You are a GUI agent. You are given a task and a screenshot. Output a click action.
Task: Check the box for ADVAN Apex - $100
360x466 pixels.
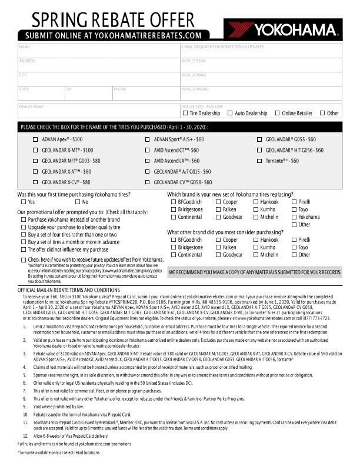point(35,139)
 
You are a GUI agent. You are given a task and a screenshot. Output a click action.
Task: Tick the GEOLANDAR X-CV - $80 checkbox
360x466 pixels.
point(35,182)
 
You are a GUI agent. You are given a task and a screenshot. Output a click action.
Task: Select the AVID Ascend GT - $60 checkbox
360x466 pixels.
point(148,150)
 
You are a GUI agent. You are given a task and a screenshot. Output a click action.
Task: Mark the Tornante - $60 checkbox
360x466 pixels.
point(261,161)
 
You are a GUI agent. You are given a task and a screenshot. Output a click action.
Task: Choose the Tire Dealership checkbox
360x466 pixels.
point(185,113)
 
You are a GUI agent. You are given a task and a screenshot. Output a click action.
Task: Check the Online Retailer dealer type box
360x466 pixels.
point(277,113)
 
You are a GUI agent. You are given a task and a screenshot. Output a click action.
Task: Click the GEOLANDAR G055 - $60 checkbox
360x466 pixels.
point(261,139)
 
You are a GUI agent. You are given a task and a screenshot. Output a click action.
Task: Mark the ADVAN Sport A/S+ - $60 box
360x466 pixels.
point(148,139)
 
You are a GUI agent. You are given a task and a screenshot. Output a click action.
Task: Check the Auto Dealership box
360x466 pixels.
point(230,113)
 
